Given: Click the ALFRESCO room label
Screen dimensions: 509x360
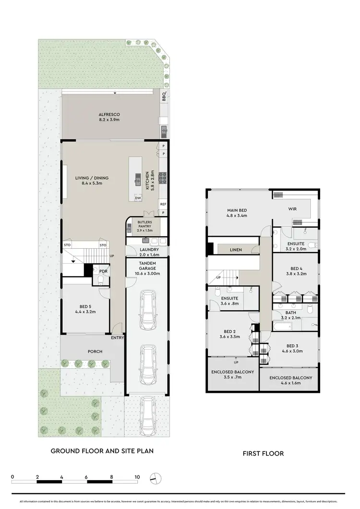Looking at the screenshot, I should tap(109, 114).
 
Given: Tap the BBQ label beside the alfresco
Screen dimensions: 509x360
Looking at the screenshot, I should tap(164, 95).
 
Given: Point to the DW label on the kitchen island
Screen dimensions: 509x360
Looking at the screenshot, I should tap(138, 198).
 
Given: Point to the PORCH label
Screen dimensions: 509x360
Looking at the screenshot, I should tap(95, 351).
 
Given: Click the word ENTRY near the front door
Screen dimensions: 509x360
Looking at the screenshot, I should tap(118, 338).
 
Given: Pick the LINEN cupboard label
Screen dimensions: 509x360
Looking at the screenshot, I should tap(236, 250).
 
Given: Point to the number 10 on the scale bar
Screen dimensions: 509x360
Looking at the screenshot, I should tap(137, 476).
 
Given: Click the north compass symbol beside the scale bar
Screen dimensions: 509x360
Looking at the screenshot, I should tap(156, 478).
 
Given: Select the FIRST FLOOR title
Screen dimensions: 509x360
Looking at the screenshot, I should tap(263, 453).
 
